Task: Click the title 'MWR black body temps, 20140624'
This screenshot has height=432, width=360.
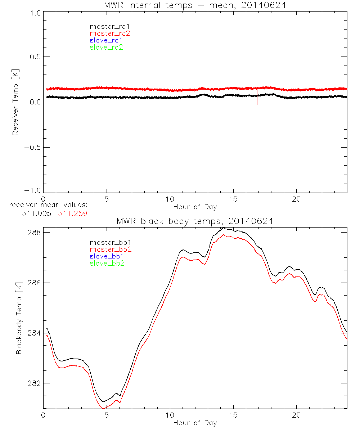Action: pos(195,221)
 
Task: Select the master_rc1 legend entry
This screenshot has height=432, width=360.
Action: pos(106,26)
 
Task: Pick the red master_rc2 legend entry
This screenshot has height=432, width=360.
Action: pos(110,33)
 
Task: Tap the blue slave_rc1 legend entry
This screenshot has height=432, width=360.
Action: pos(106,40)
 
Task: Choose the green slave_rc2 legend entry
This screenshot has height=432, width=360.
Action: pos(106,47)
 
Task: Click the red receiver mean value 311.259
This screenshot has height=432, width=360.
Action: pos(72,213)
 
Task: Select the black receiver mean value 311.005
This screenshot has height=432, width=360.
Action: pos(37,213)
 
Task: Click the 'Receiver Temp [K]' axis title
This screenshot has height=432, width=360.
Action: pos(15,102)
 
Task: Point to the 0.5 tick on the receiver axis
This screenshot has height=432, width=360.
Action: pos(34,57)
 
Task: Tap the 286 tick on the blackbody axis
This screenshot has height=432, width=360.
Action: pos(34,283)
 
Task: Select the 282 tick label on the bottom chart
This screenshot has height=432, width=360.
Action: pos(34,383)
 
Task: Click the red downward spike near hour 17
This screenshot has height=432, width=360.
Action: pos(257,99)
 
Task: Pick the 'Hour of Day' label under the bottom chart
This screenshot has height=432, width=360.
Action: pos(195,423)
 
